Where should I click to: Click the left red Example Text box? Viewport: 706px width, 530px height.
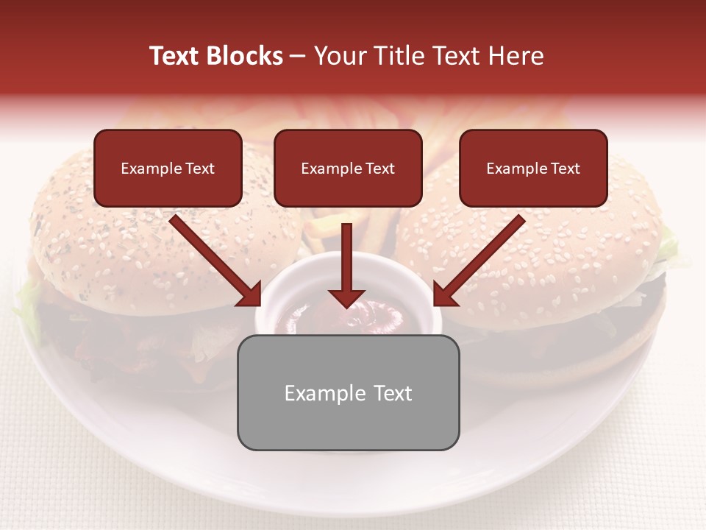pyautogui.click(x=168, y=169)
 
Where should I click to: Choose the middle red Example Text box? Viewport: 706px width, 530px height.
pyautogui.click(x=348, y=169)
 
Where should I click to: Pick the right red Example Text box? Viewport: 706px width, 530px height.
pyautogui.click(x=533, y=169)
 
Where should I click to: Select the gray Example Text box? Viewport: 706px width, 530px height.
pyautogui.click(x=348, y=393)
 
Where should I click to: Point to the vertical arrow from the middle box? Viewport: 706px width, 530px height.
pyautogui.click(x=346, y=258)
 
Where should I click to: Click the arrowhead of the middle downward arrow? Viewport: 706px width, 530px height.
pyautogui.click(x=346, y=298)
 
